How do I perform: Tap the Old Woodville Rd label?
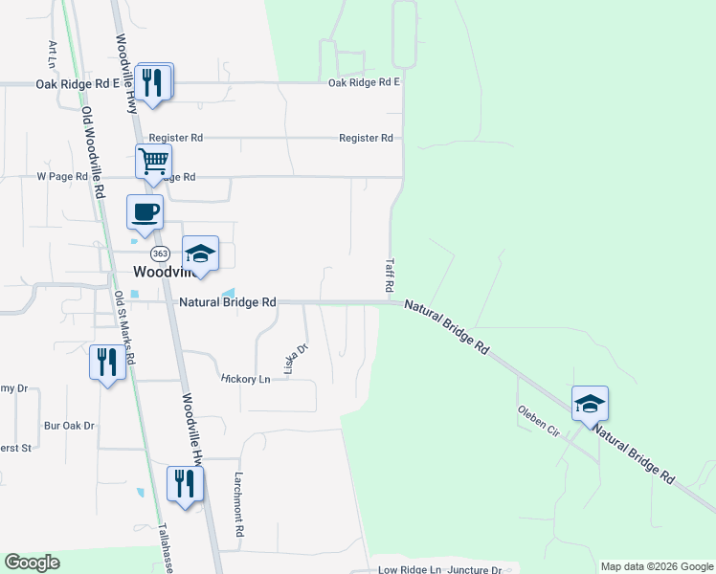tap(92, 151)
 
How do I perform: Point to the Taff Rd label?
tap(390, 275)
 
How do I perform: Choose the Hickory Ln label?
tap(246, 379)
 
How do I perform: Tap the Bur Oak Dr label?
tap(69, 426)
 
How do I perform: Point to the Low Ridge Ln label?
tap(410, 570)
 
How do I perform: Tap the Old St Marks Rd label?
tap(124, 330)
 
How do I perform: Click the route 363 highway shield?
tap(160, 254)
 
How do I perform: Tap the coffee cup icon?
tap(145, 211)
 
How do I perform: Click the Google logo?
tap(33, 563)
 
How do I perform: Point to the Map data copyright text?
tap(656, 566)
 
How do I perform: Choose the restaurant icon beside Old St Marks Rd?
tap(107, 362)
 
